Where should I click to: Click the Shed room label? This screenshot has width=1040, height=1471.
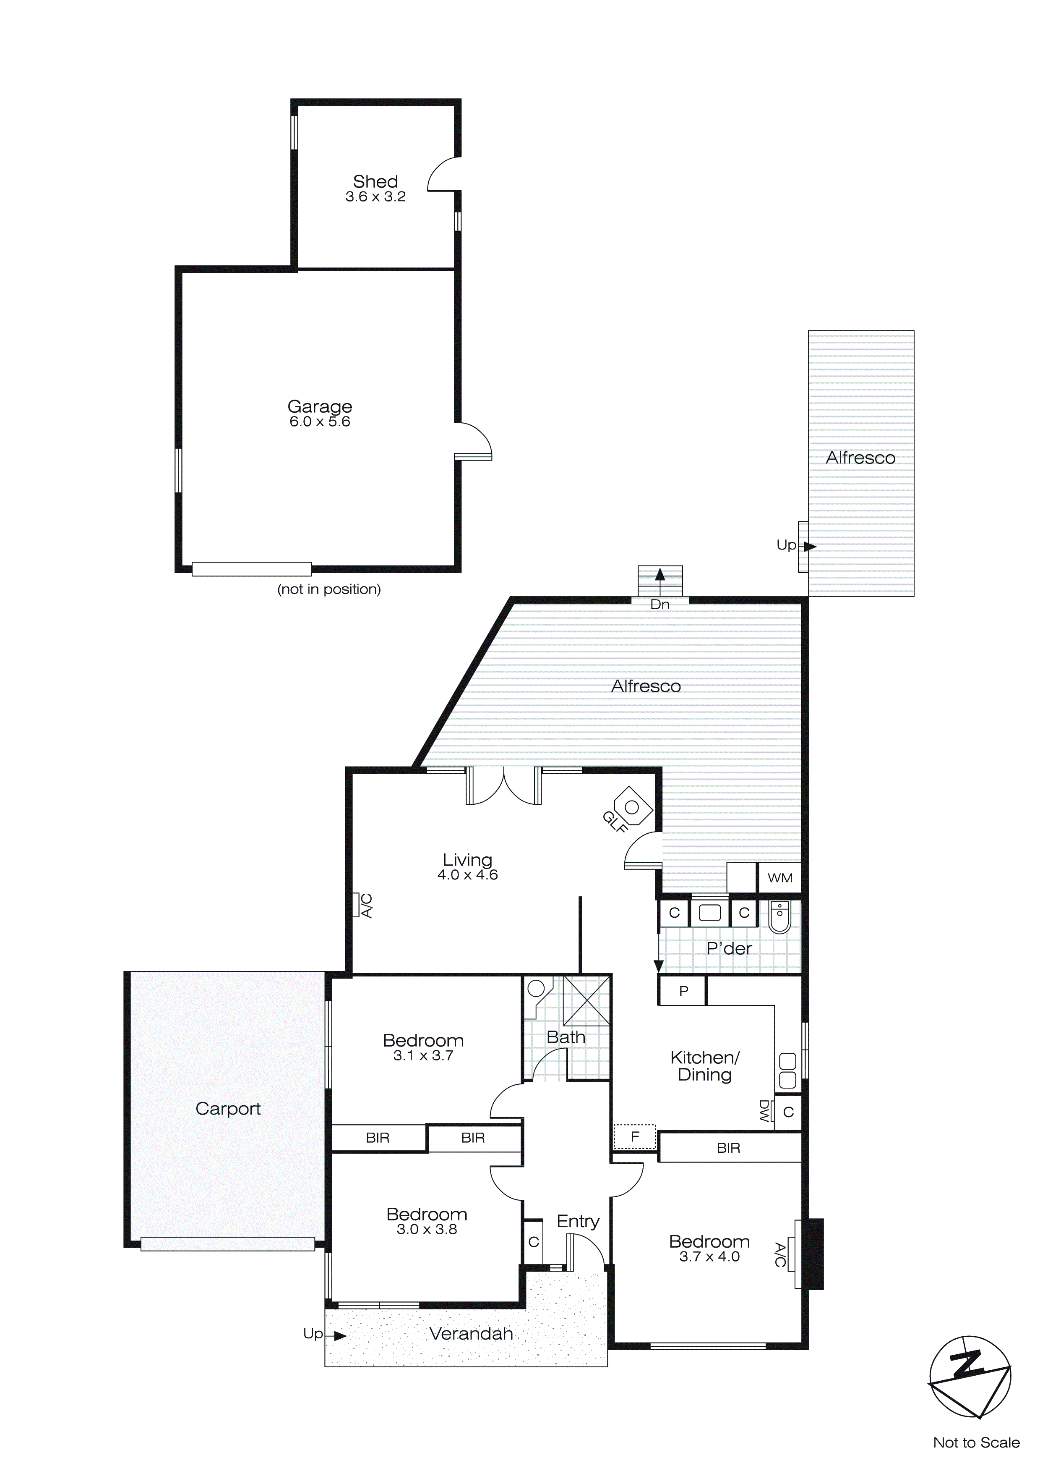375,181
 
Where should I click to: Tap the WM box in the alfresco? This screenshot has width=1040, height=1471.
779,878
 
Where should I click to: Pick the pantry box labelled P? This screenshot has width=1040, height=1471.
683,991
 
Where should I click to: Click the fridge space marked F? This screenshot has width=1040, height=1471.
635,1137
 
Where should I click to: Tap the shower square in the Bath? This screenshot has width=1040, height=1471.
586,1001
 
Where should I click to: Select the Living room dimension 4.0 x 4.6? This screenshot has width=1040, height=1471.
467,875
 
